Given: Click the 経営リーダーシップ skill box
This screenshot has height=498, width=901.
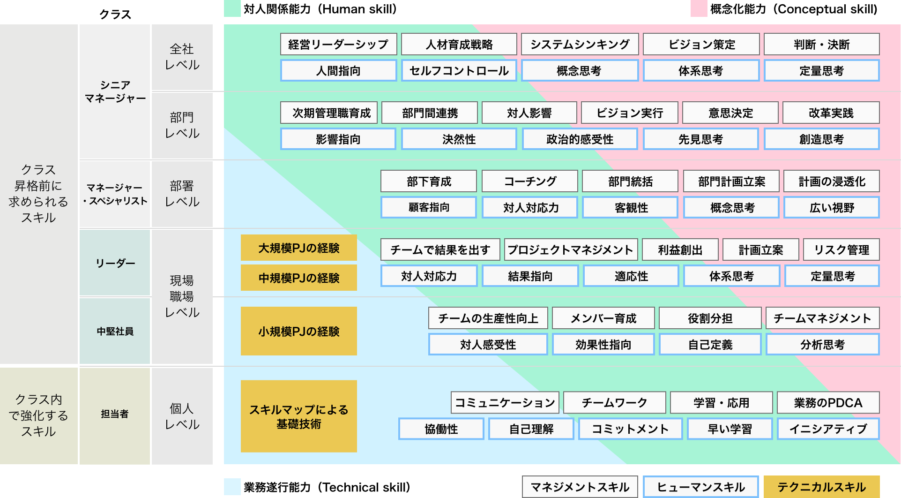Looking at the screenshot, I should [x=338, y=45].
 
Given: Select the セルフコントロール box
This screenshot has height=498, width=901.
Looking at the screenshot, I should [x=459, y=71].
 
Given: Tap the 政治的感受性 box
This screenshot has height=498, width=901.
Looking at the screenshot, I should [x=580, y=139].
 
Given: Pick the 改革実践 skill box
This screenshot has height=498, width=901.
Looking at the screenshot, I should [x=831, y=113].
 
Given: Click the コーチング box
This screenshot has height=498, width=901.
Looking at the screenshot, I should [x=529, y=181].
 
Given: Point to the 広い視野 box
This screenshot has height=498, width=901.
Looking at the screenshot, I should [x=831, y=208].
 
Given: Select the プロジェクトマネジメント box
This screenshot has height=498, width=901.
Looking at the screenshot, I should [x=570, y=250].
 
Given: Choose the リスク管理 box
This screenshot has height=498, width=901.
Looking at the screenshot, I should [x=841, y=250].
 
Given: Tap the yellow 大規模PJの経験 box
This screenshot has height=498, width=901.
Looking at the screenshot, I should [x=298, y=248].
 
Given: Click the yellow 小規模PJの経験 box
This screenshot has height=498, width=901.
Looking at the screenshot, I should [x=298, y=331].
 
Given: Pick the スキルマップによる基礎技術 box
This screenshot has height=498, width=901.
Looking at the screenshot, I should [x=298, y=416].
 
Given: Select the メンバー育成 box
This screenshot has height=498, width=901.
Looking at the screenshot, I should [x=603, y=318].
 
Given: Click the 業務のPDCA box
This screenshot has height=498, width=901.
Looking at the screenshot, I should [x=828, y=403].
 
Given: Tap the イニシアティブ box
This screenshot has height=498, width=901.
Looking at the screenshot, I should [x=828, y=429].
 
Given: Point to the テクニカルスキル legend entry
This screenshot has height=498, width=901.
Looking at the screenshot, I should [x=821, y=487].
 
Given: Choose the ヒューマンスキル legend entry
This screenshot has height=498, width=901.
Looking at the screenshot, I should [x=700, y=487].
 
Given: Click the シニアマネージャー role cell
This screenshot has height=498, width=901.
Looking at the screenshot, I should [x=115, y=92].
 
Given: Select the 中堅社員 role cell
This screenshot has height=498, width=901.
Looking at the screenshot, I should [x=115, y=331].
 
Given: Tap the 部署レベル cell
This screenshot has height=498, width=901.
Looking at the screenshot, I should [x=182, y=194].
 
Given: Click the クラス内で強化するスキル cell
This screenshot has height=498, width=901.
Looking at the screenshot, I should [x=38, y=415].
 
